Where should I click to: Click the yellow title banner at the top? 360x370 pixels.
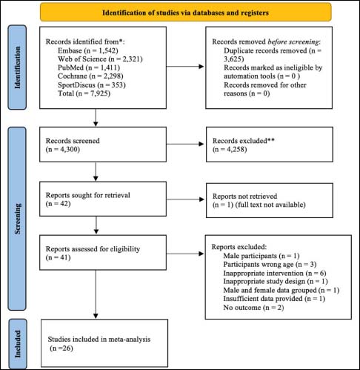tap(186, 12)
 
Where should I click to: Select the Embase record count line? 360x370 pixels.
tap(88, 50)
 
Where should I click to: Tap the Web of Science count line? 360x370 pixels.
tap(100, 59)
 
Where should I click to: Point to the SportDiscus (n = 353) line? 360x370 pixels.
tap(92, 85)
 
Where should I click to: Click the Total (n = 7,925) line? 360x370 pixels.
tap(84, 93)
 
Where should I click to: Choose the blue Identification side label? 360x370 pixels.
tap(17, 67)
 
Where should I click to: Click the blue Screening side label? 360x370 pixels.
tap(17, 219)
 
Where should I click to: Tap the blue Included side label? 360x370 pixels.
tap(18, 344)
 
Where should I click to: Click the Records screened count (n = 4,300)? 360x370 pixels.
tap(63, 150)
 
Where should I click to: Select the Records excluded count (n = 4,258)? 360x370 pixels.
tap(230, 150)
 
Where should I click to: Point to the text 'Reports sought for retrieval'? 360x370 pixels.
tap(88, 195)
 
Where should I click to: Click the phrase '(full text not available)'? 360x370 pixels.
tap(270, 205)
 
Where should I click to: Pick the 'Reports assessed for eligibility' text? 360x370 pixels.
tap(93, 248)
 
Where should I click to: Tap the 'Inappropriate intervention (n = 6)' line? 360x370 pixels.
tap(275, 273)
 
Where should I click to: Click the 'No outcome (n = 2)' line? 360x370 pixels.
tap(253, 308)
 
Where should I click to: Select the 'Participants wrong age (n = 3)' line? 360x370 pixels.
tap(270, 264)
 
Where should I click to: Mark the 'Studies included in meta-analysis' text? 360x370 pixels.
tap(99, 339)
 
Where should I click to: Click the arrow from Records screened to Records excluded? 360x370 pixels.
tap(185, 144)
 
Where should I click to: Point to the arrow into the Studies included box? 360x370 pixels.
tap(96, 294)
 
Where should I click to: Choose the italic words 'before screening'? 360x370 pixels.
tap(293, 42)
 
